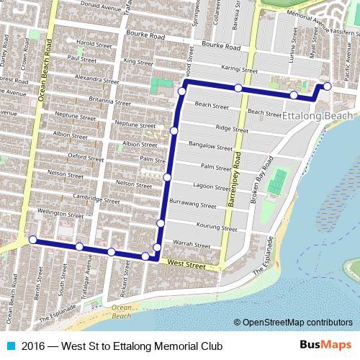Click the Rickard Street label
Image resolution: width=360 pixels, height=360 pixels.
tap(127, 289)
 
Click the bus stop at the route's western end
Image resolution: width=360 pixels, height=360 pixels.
tap(32, 240)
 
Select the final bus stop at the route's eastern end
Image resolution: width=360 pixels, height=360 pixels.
tap(327, 86)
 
